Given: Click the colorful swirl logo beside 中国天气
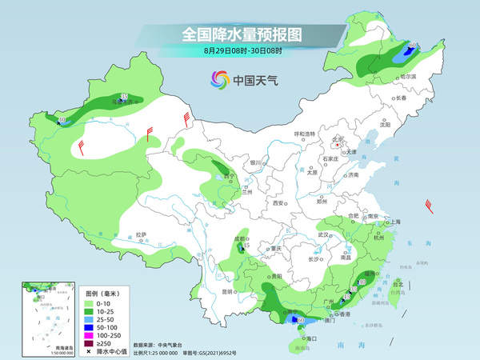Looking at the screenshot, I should tap(219, 79).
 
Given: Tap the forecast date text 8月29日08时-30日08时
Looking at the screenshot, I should tap(241, 51).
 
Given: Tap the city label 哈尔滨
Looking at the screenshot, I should tap(409, 76).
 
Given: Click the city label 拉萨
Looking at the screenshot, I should tap(141, 234).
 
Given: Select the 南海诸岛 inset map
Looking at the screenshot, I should tap(47, 317).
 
